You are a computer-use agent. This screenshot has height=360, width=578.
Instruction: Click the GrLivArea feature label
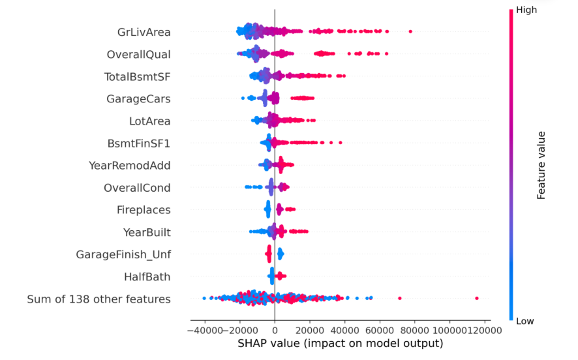coord(144,31)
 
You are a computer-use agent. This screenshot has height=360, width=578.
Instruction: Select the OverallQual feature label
coord(138,53)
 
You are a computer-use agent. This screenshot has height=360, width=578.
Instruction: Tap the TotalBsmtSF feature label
coord(137,76)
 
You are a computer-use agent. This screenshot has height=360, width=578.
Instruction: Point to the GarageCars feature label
coord(138,99)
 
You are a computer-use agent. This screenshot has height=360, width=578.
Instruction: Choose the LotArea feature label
coord(150,121)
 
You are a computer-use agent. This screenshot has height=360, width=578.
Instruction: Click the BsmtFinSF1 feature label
coord(139,143)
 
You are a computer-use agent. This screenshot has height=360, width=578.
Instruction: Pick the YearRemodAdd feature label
coord(129,166)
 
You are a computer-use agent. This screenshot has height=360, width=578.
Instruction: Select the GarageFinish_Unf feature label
coord(123,254)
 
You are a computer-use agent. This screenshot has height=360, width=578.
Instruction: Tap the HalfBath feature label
coord(147,277)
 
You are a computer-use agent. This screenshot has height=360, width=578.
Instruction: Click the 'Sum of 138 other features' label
coord(99,299)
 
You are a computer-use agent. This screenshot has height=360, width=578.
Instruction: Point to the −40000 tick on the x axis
coord(204,331)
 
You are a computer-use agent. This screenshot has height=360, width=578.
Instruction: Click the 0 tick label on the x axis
coord(275,331)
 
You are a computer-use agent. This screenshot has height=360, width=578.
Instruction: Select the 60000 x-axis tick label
coord(380,331)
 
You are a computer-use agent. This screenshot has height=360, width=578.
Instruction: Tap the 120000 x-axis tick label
coord(483,331)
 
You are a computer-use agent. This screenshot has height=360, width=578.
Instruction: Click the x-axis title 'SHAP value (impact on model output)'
coord(341,344)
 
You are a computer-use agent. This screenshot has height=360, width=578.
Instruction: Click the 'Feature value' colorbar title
coord(541,165)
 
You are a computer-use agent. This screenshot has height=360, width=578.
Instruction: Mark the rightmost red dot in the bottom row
coord(477,298)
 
